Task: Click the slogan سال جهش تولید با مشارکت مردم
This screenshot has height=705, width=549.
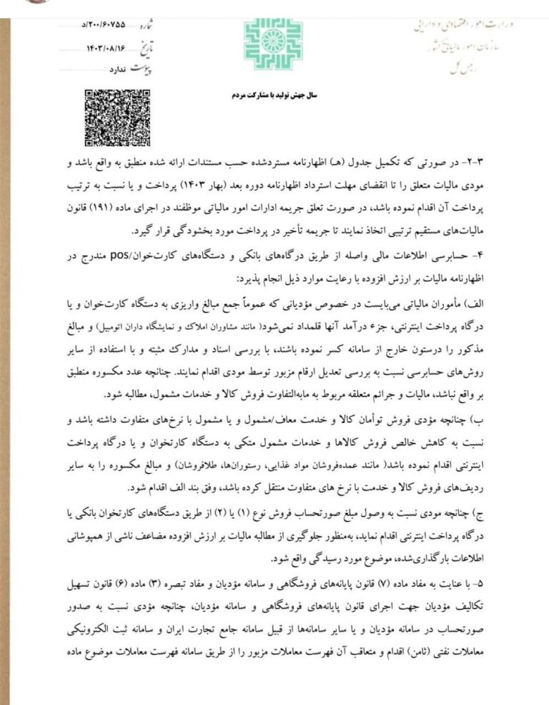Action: click(274, 94)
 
